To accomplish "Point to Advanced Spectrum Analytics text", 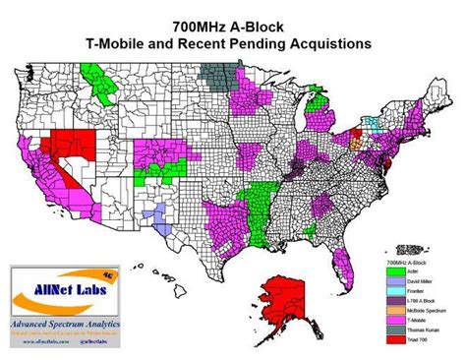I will (62, 323).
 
